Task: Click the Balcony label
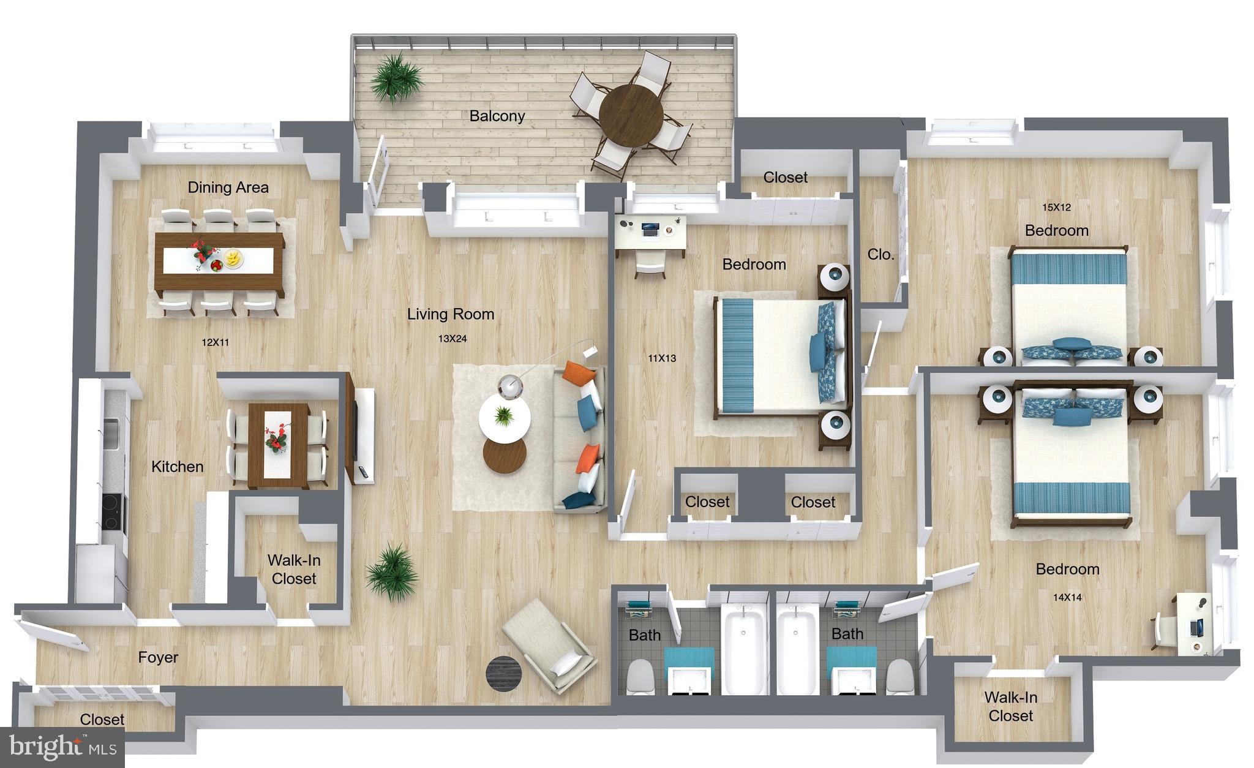click(497, 116)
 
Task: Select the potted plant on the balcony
click(396, 77)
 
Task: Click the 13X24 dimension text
click(452, 339)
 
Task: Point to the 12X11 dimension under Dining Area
click(215, 342)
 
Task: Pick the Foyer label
click(158, 657)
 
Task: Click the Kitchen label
click(177, 467)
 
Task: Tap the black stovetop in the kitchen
click(111, 512)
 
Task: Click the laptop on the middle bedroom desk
click(649, 230)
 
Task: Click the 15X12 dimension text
click(1056, 208)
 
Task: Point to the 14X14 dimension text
click(1067, 597)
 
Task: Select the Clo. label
click(880, 254)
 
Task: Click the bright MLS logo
click(62, 747)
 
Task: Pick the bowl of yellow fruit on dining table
click(233, 258)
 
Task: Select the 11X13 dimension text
click(661, 358)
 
